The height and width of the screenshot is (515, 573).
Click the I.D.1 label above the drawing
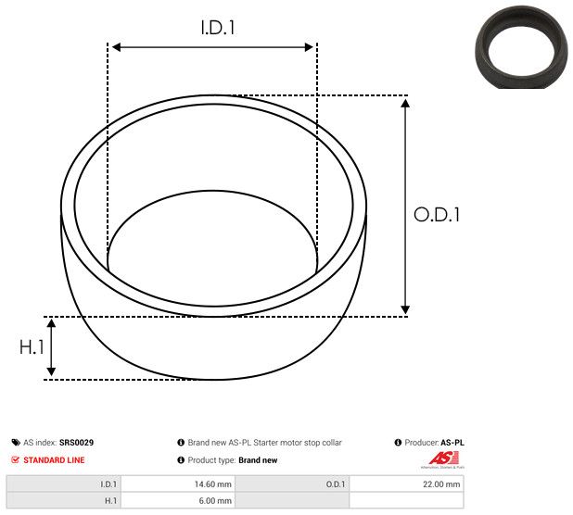218,28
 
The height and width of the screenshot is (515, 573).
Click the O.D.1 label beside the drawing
437,215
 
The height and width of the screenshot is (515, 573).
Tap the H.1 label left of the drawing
32,347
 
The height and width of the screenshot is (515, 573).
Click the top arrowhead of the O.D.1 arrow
405,102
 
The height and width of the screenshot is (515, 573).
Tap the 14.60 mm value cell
212,484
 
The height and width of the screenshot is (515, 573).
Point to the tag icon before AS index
16,443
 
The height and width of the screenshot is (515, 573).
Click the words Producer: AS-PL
434,443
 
